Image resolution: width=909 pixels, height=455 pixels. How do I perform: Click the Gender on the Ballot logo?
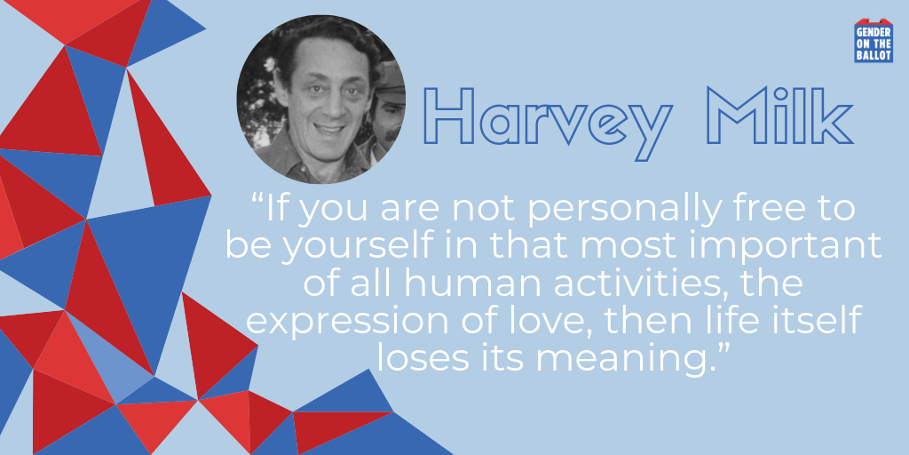tap(873, 41)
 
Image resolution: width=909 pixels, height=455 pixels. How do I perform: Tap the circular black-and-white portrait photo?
tap(321, 100)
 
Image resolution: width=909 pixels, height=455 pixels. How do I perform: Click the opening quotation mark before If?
tap(258, 200)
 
